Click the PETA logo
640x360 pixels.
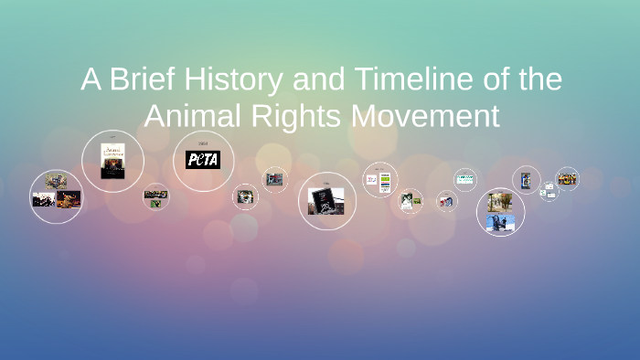point(203,160)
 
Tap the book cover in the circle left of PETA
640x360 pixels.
point(113,159)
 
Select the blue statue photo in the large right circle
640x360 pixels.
point(501,222)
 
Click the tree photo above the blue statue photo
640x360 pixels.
point(499,202)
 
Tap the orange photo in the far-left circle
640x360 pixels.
point(69,198)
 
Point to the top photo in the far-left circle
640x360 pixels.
point(56,181)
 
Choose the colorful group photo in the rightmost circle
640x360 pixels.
point(567,177)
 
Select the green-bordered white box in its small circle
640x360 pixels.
point(465,178)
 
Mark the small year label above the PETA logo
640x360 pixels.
point(203,143)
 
